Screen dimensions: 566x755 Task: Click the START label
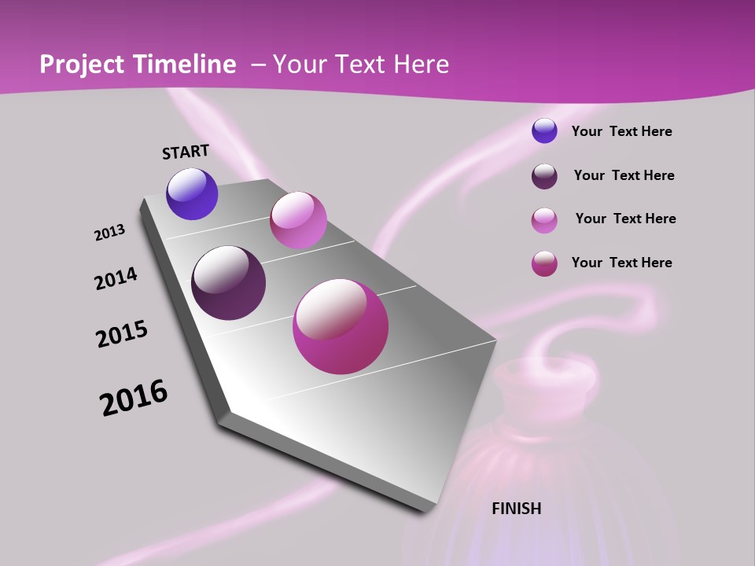pyautogui.click(x=186, y=151)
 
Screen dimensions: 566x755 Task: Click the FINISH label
pyautogui.click(x=517, y=509)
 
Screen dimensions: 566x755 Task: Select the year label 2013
pyautogui.click(x=109, y=233)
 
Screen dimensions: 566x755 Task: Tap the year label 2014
pyautogui.click(x=116, y=278)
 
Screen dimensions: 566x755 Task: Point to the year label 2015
pyautogui.click(x=122, y=334)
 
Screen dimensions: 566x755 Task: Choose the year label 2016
pyautogui.click(x=134, y=398)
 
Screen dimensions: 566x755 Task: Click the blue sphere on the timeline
pyautogui.click(x=192, y=194)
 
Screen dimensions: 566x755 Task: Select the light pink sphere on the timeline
pyautogui.click(x=298, y=219)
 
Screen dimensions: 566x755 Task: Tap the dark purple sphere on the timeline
pyautogui.click(x=228, y=283)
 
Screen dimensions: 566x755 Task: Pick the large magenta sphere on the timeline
pyautogui.click(x=341, y=326)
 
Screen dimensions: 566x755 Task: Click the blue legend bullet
pyautogui.click(x=544, y=131)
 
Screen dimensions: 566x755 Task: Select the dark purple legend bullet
pyautogui.click(x=544, y=176)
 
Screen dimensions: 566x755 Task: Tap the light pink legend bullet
pyautogui.click(x=544, y=220)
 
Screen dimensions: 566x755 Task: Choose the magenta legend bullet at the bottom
pyautogui.click(x=544, y=263)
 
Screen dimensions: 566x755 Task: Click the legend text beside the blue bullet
pyautogui.click(x=622, y=132)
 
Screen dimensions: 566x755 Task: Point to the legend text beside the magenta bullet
pyautogui.click(x=622, y=263)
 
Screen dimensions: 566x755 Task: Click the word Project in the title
pyautogui.click(x=83, y=64)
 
